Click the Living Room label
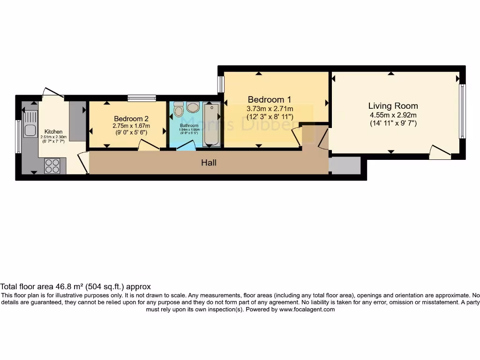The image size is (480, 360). click(x=393, y=106)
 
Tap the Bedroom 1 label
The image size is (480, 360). click(x=270, y=99)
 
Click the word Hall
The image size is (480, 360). click(x=209, y=163)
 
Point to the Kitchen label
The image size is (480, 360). click(x=53, y=132)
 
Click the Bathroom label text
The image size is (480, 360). click(x=189, y=126)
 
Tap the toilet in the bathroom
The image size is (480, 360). click(x=178, y=110)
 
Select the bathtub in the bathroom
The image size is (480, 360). click(x=212, y=124)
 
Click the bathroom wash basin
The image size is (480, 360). click(x=193, y=107)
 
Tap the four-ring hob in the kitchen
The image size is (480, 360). click(x=52, y=166)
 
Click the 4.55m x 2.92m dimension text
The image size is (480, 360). click(x=393, y=115)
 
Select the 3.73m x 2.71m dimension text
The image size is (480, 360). click(x=270, y=108)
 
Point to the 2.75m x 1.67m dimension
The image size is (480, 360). click(x=131, y=126)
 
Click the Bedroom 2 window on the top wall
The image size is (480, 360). click(x=142, y=98)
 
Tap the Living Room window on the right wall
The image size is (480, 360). click(x=463, y=111)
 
